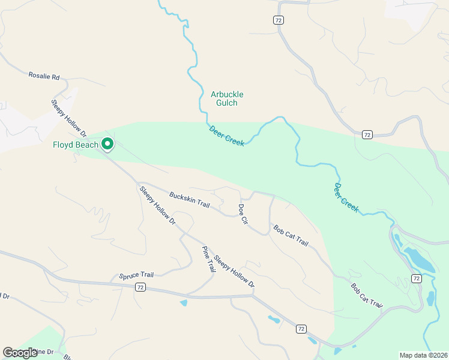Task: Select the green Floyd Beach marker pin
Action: (x=107, y=144)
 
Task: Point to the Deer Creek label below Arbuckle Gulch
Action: (x=226, y=135)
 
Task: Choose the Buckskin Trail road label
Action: (x=189, y=200)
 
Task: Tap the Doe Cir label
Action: (x=243, y=214)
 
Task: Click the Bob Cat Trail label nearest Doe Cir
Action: (x=291, y=236)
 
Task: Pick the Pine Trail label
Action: (x=208, y=259)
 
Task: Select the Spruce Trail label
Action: (x=136, y=275)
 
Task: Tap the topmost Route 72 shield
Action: (x=278, y=20)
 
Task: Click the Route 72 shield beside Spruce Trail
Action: (x=139, y=287)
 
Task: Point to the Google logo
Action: (x=19, y=353)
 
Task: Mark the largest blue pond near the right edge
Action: (x=419, y=259)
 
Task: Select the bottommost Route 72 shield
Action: (x=301, y=329)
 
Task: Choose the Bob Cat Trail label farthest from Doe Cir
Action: (x=366, y=296)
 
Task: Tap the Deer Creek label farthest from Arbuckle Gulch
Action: (x=346, y=197)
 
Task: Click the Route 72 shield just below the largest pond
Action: (x=416, y=278)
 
